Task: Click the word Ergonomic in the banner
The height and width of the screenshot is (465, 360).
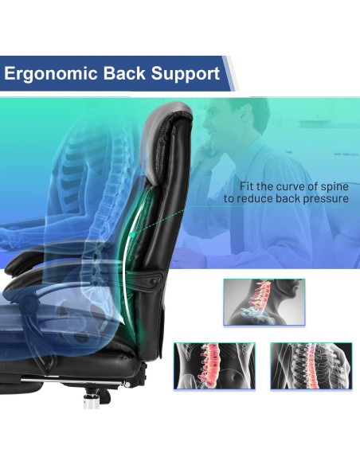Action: pos(49,74)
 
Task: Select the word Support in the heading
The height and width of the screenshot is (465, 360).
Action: pos(187,74)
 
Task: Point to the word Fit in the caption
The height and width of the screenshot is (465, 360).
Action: pos(237,185)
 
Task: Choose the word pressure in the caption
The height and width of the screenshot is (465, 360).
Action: pos(327,198)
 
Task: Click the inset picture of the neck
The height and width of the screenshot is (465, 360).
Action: pos(264,302)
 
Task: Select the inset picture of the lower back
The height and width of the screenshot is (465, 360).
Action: pos(214,365)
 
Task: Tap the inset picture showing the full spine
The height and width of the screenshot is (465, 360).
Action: pos(310,365)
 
